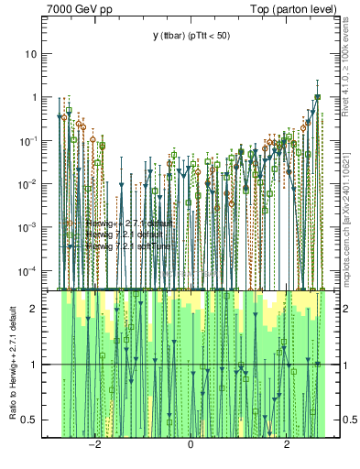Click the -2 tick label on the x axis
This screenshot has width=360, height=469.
pyautogui.click(x=93, y=446)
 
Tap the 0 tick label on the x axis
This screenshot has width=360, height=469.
pyautogui.click(x=190, y=446)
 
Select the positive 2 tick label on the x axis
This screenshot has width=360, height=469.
pyautogui.click(x=287, y=446)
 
